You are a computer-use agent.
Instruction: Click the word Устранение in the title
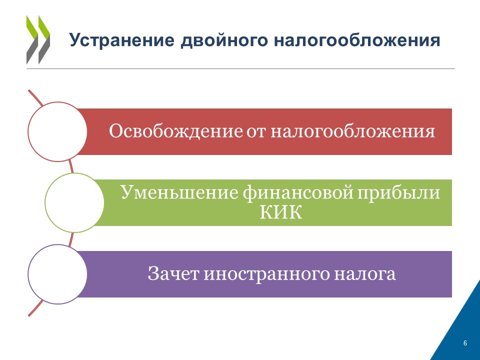click(x=122, y=40)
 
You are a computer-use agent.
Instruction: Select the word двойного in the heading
click(x=224, y=40)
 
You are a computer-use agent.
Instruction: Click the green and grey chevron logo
click(x=38, y=40)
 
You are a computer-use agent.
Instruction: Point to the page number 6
click(x=465, y=343)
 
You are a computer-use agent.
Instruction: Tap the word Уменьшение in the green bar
click(x=179, y=192)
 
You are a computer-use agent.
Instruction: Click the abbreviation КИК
click(x=280, y=212)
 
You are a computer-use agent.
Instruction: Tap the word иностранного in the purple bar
click(x=266, y=274)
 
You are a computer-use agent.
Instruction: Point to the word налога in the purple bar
click(x=365, y=274)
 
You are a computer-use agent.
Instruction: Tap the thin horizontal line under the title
click(x=240, y=68)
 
